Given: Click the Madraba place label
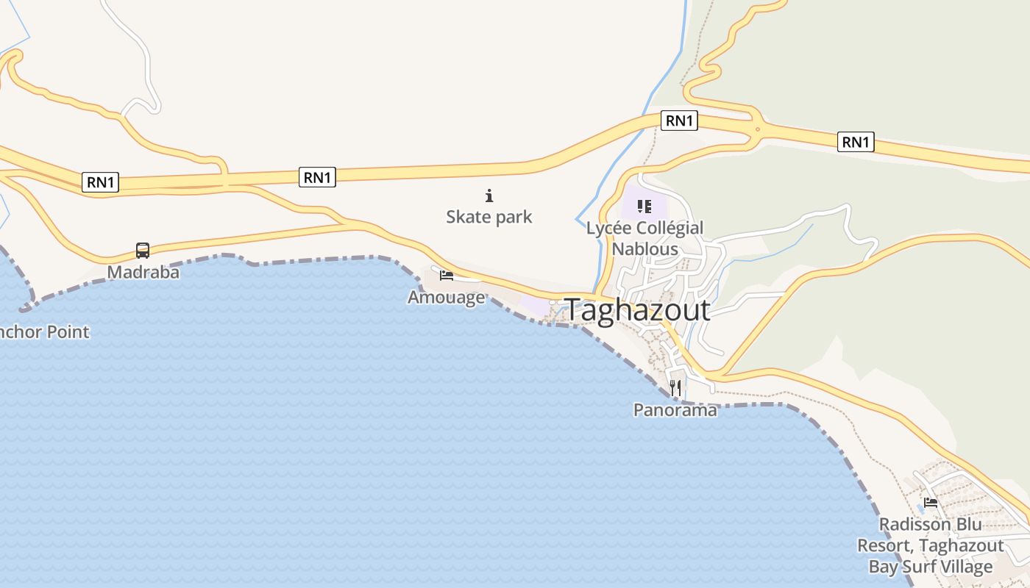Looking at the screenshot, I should point(143,272).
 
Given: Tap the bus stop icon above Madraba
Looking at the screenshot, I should point(143,251).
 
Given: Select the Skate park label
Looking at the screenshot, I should point(489,217).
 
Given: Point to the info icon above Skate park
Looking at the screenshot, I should point(489,196).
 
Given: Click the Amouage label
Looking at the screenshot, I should point(447,297).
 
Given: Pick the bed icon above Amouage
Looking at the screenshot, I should point(447,276).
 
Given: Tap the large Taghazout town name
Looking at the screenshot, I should point(637,309).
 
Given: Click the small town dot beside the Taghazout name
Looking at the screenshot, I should point(553,302).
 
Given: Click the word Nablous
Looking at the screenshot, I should point(645,248).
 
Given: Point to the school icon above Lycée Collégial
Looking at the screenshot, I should point(644,207).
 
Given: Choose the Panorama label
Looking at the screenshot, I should point(675,410).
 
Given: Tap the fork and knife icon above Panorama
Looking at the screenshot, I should point(675,387).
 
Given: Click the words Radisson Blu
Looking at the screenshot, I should point(931,524).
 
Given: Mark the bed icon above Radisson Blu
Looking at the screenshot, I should point(931,503).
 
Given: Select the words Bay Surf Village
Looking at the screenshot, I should point(931,567).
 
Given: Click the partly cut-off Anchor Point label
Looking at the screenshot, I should point(44,331).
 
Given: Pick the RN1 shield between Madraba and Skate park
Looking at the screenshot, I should point(317,176).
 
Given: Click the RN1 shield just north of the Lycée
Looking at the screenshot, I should point(679,121).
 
